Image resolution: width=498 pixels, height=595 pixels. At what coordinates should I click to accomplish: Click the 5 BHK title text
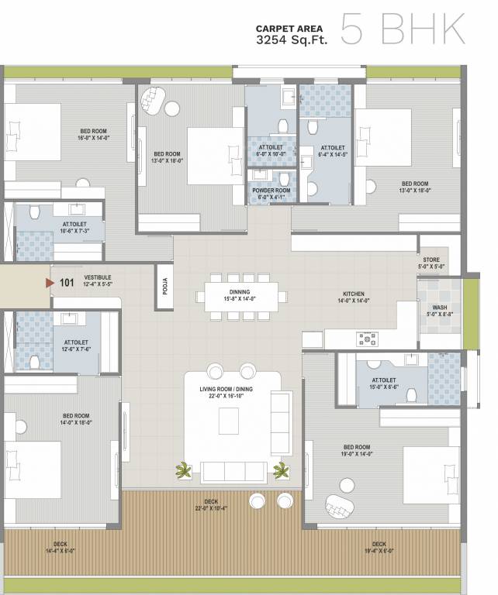[x=403, y=29]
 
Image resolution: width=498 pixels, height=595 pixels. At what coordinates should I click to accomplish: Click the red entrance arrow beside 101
[x=50, y=283]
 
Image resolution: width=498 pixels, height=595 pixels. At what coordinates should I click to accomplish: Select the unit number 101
[x=67, y=283]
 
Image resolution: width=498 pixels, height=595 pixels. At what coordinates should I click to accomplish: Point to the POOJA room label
[x=164, y=286]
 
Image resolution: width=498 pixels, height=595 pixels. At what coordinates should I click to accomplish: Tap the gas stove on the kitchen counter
[x=366, y=339]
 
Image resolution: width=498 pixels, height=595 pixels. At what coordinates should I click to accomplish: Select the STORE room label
[x=431, y=263]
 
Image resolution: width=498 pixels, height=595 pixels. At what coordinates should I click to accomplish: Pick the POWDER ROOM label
[x=271, y=194]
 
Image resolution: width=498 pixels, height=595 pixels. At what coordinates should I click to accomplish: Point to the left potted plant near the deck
[x=184, y=470]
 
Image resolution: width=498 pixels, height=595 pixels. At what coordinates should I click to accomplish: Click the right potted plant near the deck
[x=281, y=470]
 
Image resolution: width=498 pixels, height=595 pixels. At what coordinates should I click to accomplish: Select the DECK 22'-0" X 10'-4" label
[x=211, y=505]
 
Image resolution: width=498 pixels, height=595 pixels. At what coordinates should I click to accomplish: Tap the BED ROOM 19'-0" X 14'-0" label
[x=357, y=451]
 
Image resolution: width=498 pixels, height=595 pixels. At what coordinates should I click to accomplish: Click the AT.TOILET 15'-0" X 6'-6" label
[x=384, y=383]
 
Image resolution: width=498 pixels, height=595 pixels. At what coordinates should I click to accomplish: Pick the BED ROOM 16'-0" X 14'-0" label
[x=92, y=134]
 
